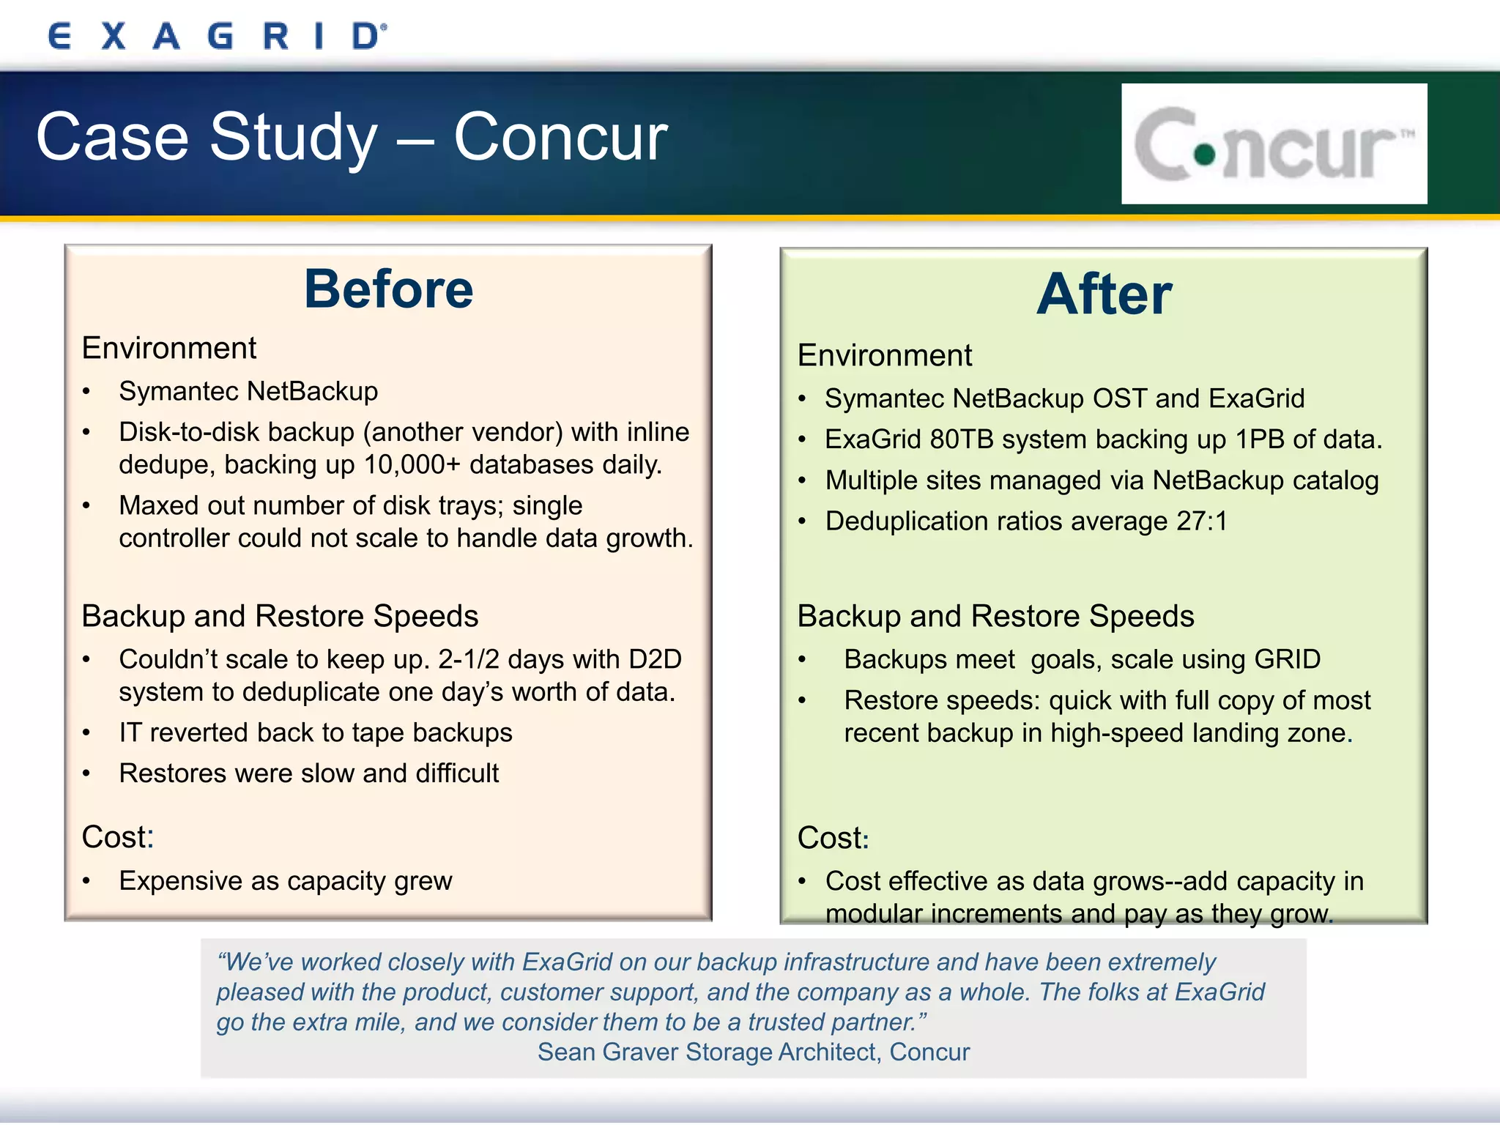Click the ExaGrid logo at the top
pyautogui.click(x=217, y=36)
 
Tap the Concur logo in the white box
pyautogui.click(x=1274, y=144)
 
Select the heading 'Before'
pyautogui.click(x=388, y=289)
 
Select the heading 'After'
pyautogui.click(x=1104, y=294)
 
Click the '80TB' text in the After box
pyautogui.click(x=961, y=439)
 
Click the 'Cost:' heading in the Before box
pyautogui.click(x=117, y=837)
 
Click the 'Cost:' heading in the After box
pyautogui.click(x=833, y=838)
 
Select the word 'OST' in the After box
pyautogui.click(x=1119, y=398)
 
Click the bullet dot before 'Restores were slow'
pyautogui.click(x=86, y=774)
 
